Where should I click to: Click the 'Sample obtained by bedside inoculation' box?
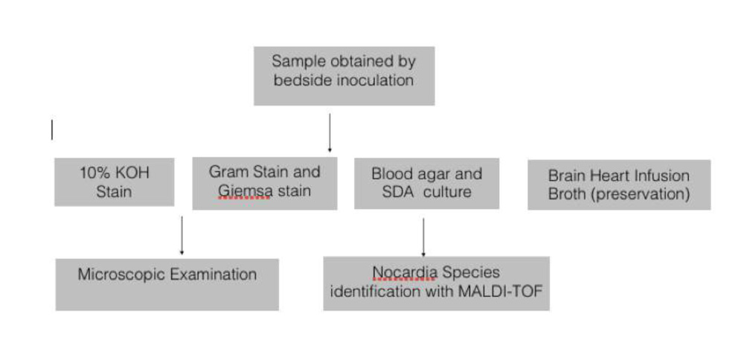pyautogui.click(x=344, y=75)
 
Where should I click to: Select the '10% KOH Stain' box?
pyautogui.click(x=114, y=181)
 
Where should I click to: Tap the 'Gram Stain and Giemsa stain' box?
pyautogui.click(x=264, y=182)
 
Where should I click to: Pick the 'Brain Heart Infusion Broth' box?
pyautogui.click(x=618, y=185)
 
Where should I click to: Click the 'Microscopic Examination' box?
pyautogui.click(x=167, y=283)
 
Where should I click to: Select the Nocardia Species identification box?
pyautogui.click(x=436, y=283)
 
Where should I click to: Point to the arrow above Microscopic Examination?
pyautogui.click(x=182, y=236)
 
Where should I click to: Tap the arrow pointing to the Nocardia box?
pyautogui.click(x=423, y=237)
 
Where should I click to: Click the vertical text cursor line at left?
pyautogui.click(x=52, y=130)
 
